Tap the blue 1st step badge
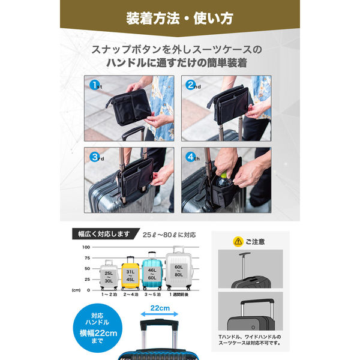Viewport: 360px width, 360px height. coord(95,85)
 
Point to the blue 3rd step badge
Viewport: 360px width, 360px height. coord(95,157)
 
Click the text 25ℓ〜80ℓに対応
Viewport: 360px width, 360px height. coord(169,234)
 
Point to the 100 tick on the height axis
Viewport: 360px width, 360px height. coord(86,247)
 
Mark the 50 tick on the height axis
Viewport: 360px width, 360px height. coord(86,268)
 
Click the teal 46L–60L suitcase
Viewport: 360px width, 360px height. coord(152,272)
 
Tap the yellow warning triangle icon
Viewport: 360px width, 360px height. coord(238,241)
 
